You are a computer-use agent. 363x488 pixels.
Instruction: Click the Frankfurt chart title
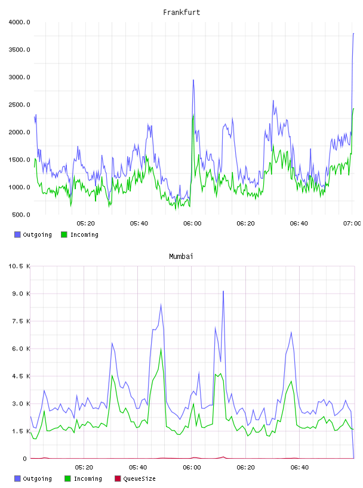[181, 13]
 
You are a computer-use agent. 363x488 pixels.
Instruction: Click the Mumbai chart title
[181, 257]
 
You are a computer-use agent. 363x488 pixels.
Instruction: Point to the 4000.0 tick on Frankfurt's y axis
[19, 22]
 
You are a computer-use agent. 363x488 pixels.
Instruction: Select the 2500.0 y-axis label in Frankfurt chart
[19, 105]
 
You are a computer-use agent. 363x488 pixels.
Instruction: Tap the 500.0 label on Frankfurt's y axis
[21, 215]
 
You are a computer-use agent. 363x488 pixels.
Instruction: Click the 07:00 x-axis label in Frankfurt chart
[352, 224]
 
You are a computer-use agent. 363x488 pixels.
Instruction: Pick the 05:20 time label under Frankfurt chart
[85, 224]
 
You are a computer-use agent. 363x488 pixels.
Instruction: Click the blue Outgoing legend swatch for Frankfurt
[17, 234]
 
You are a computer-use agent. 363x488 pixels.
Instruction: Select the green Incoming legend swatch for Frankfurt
[64, 234]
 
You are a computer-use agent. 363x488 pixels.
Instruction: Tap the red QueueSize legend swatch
[118, 478]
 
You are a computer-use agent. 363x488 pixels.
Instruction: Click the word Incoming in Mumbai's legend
[88, 479]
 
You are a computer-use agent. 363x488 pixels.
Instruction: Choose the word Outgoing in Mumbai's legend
[37, 479]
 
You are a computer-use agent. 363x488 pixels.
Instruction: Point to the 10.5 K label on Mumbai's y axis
[19, 266]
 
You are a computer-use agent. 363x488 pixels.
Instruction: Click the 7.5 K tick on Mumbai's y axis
[21, 321]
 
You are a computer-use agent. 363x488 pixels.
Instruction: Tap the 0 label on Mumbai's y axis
[25, 459]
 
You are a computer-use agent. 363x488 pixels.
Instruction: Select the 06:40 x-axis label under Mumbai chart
[300, 468]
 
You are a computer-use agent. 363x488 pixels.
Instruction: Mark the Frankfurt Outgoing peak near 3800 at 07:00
[353, 33]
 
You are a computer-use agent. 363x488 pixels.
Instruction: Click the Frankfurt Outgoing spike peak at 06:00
[193, 80]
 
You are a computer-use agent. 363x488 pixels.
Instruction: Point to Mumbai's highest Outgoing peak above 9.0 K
[223, 291]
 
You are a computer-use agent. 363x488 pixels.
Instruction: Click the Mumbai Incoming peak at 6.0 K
[161, 349]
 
